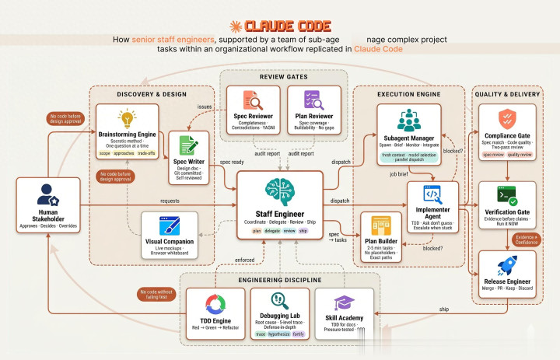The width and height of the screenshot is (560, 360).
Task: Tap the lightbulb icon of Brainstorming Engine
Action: click(125, 118)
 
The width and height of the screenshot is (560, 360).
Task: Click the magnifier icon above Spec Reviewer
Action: click(253, 101)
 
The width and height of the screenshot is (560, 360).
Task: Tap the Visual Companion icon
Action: click(170, 205)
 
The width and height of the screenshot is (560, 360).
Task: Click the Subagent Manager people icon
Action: click(408, 121)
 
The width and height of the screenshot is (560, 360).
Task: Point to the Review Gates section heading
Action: click(279, 77)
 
